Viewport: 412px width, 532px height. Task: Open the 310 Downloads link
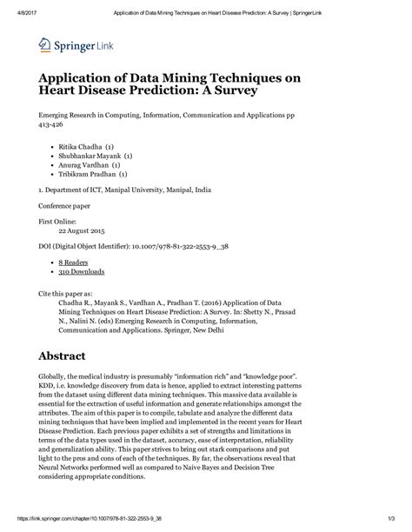tap(82, 269)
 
